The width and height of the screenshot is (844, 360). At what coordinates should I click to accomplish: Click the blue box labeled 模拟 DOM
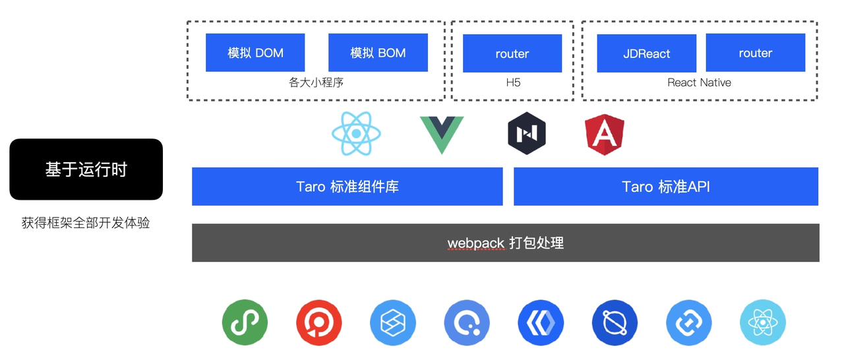pyautogui.click(x=255, y=53)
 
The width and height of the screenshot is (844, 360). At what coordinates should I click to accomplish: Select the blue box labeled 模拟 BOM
pyautogui.click(x=378, y=53)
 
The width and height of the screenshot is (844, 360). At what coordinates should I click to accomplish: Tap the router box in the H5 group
pyautogui.click(x=512, y=53)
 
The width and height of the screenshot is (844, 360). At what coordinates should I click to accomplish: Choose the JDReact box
pyautogui.click(x=646, y=53)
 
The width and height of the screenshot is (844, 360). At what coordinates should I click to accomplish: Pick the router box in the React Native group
pyautogui.click(x=755, y=53)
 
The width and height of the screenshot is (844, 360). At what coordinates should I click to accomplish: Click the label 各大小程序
pyautogui.click(x=316, y=82)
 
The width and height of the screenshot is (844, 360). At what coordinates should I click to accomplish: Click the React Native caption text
pyautogui.click(x=699, y=82)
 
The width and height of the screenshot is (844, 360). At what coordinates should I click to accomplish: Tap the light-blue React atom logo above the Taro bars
pyautogui.click(x=356, y=133)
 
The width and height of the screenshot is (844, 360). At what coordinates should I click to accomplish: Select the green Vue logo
pyautogui.click(x=442, y=134)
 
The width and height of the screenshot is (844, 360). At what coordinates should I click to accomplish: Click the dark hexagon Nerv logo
pyautogui.click(x=527, y=134)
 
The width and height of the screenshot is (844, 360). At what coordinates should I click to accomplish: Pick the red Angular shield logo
pyautogui.click(x=605, y=134)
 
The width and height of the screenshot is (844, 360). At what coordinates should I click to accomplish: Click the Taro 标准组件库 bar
pyautogui.click(x=347, y=187)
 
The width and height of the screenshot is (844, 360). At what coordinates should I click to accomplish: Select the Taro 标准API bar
pyautogui.click(x=666, y=187)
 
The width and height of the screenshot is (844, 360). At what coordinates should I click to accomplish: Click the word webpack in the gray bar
pyautogui.click(x=475, y=243)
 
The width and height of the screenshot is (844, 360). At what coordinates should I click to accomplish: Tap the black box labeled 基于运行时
pyautogui.click(x=86, y=169)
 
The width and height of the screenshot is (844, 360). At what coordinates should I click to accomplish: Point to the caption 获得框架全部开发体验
pyautogui.click(x=86, y=223)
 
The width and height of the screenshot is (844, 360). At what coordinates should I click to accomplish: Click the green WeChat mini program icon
pyautogui.click(x=245, y=322)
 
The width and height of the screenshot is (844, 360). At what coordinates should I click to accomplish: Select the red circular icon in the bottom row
pyautogui.click(x=318, y=322)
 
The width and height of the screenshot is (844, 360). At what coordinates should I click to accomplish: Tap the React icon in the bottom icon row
pyautogui.click(x=763, y=322)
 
